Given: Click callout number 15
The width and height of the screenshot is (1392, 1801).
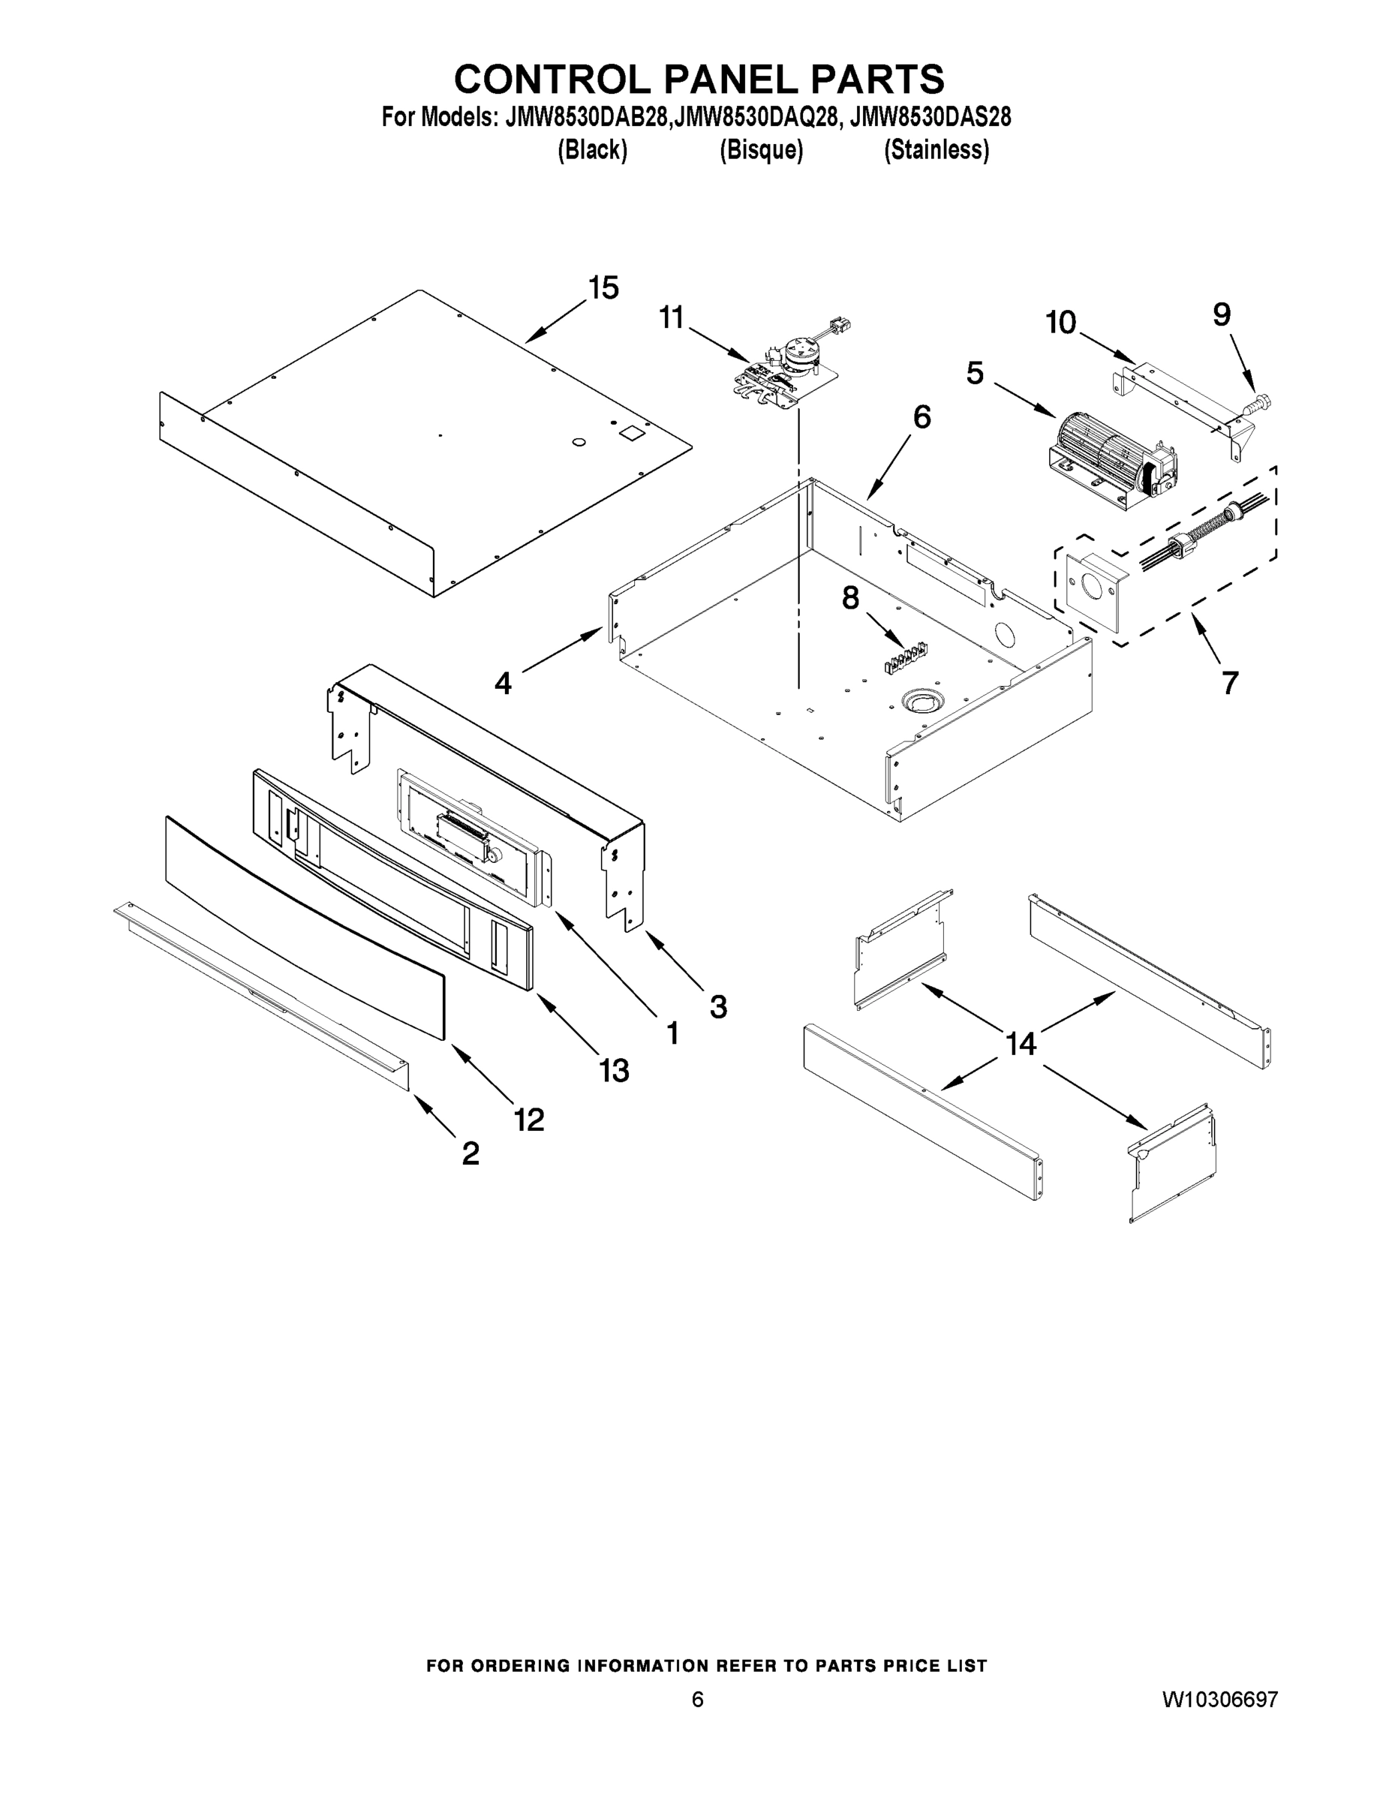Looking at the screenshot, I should [x=603, y=289].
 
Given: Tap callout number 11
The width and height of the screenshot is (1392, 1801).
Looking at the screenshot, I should [x=672, y=317].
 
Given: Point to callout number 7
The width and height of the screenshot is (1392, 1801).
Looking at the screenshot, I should [x=1230, y=683].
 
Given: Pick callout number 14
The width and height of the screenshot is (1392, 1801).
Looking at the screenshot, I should [x=1020, y=1044].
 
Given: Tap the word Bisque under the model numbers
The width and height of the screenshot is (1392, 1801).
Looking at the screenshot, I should [x=760, y=150].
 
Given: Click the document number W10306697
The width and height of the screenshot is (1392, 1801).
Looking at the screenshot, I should [x=1219, y=1700].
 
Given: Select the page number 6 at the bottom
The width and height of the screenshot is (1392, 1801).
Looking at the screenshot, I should [x=698, y=1700].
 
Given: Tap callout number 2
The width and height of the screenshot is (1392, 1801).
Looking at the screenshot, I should [x=470, y=1153].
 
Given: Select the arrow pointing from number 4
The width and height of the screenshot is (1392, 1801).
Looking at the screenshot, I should [x=561, y=649].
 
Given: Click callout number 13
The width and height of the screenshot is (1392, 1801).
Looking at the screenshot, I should [x=615, y=1070].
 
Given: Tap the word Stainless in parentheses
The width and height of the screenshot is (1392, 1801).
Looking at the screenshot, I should [x=936, y=150].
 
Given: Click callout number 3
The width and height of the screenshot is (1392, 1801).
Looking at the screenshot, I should [x=718, y=1006].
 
